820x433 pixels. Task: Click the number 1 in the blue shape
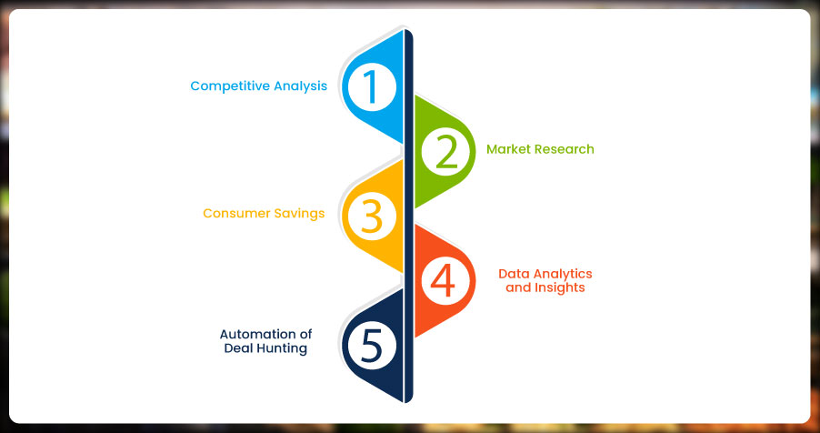click(372, 87)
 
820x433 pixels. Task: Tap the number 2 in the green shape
click(445, 152)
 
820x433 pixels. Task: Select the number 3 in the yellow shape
click(372, 216)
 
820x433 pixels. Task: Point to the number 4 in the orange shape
click(443, 281)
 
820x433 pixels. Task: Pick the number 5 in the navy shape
click(372, 346)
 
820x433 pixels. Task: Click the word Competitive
click(228, 86)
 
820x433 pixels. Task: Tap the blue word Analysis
click(298, 86)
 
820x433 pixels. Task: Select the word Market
click(505, 149)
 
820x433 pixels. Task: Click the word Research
click(562, 149)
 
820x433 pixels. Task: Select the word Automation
click(254, 334)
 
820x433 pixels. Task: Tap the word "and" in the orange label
click(518, 288)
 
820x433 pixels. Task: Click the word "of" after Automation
click(302, 334)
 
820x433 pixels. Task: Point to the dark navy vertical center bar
click(408, 216)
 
